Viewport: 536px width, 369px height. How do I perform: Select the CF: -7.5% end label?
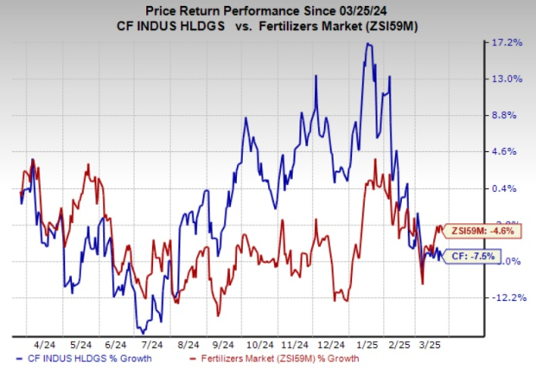(475, 255)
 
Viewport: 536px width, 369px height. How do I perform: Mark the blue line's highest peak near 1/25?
(369, 44)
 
